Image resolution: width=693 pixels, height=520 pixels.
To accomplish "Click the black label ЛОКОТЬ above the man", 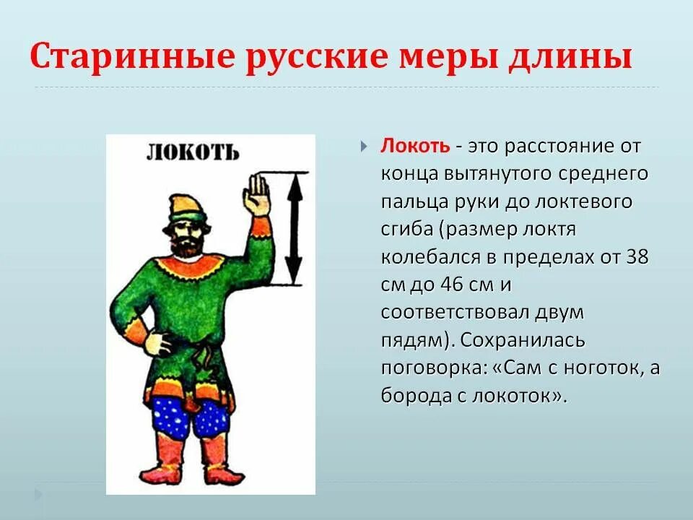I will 192,152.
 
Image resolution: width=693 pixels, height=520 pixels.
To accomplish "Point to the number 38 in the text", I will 637,256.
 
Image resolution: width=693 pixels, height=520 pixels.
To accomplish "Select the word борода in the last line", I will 413,396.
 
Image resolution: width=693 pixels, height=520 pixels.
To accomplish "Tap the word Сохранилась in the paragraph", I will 523,339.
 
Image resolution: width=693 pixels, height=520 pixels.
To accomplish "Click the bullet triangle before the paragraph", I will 365,147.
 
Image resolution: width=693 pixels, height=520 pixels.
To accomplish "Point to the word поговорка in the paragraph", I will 433,368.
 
